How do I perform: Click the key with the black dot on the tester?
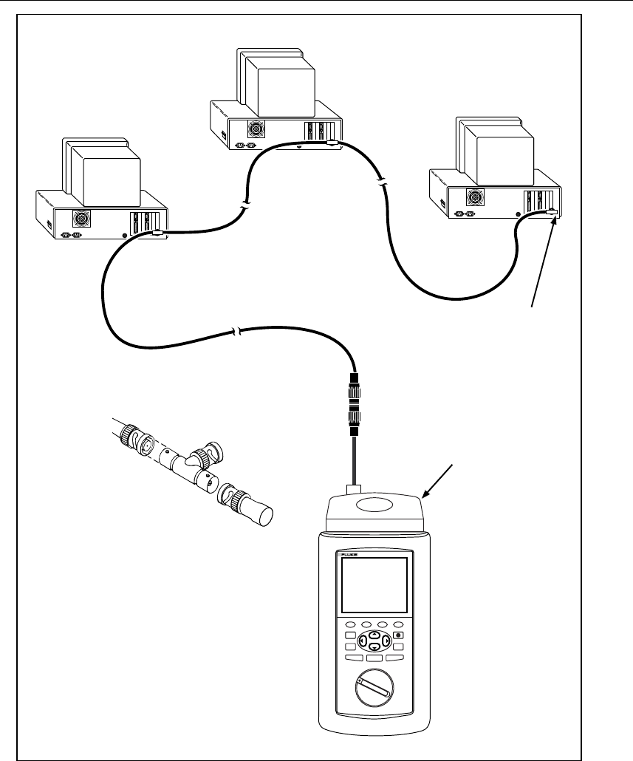click(399, 635)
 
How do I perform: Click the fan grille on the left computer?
click(81, 219)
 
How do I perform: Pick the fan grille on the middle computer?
click(255, 129)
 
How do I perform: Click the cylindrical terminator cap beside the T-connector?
click(258, 512)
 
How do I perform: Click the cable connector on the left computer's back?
click(157, 234)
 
